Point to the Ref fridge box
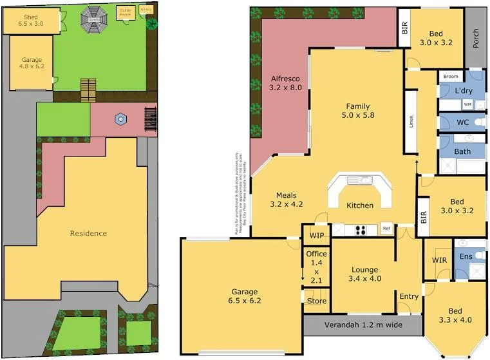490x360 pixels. (x=386, y=229)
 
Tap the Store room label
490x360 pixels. (x=316, y=301)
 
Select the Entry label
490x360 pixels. (x=409, y=297)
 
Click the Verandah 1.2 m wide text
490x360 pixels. (x=363, y=325)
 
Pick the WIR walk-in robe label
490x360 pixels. (x=440, y=260)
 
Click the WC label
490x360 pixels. (x=462, y=122)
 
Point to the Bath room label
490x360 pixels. (x=462, y=152)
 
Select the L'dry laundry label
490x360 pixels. (x=464, y=91)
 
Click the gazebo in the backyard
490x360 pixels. (x=95, y=18)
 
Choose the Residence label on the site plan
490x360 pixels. (x=88, y=233)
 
